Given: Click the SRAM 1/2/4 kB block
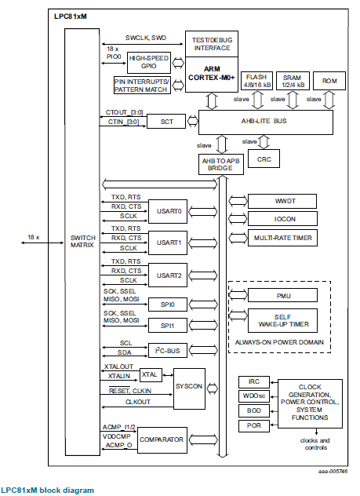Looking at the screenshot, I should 293,80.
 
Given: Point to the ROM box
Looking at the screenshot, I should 329,80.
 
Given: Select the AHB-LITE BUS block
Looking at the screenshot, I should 265,121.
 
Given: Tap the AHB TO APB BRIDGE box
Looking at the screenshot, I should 220,163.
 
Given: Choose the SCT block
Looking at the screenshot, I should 166,122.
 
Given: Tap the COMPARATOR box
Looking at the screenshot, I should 162,439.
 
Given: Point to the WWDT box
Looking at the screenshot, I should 284,201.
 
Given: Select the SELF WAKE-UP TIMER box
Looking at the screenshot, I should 284,319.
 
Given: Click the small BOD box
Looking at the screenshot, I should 253,410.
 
